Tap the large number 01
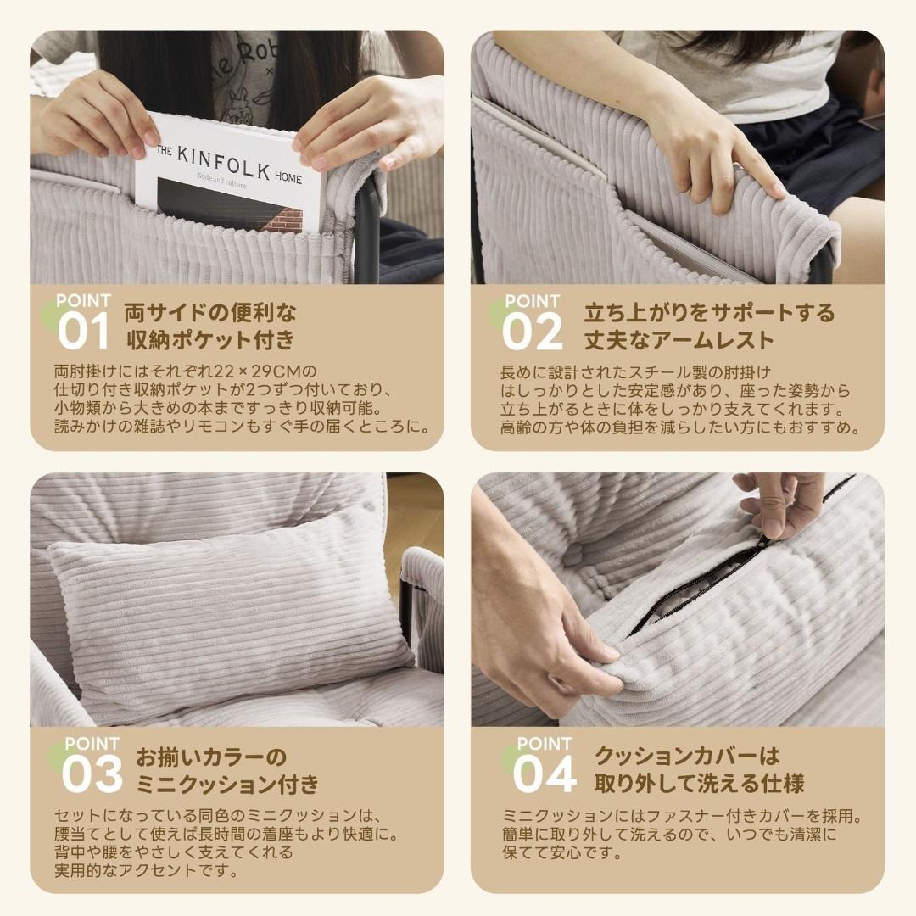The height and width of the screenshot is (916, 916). tap(83, 332)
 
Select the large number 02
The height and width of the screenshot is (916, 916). tap(532, 332)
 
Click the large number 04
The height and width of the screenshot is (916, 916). tap(544, 774)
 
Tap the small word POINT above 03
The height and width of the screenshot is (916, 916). tap(92, 744)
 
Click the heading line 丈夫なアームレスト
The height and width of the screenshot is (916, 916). tap(679, 340)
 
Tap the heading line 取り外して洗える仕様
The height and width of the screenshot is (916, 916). tap(698, 782)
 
